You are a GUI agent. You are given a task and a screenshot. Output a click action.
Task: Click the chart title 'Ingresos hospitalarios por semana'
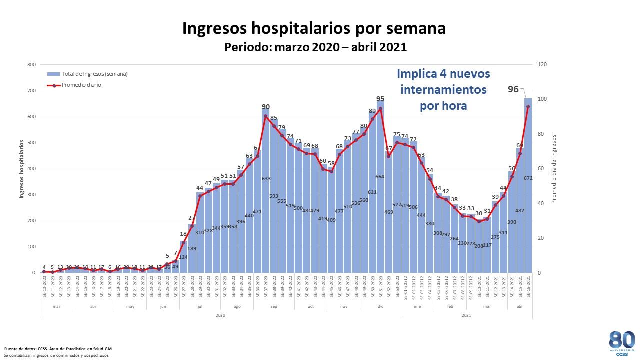click(314, 28)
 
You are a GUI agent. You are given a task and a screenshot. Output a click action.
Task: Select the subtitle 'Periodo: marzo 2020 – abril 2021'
click(316, 47)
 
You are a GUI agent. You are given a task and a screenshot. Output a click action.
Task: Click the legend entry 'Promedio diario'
click(81, 85)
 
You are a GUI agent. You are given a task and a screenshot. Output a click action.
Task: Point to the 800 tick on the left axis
click(31, 65)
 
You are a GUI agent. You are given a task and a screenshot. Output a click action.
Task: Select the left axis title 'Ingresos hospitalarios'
click(22, 169)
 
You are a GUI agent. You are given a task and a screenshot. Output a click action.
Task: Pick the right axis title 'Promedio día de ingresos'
click(554, 169)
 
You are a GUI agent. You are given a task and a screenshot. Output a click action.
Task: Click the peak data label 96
click(513, 89)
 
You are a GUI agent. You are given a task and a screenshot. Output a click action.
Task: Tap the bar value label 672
click(528, 178)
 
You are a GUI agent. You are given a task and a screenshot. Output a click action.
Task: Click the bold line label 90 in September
click(266, 107)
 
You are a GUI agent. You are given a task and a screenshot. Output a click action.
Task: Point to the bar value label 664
click(380, 176)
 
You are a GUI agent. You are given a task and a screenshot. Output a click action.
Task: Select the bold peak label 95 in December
click(380, 99)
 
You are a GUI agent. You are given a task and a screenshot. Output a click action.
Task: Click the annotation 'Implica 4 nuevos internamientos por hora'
click(443, 90)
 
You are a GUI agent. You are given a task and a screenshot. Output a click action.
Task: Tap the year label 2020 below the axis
click(220, 315)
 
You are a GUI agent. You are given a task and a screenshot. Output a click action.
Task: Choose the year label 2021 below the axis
click(466, 315)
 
